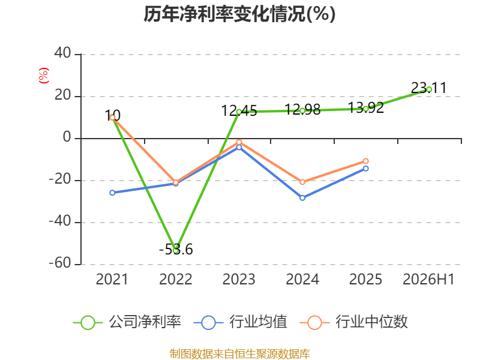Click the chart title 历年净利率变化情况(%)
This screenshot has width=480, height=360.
coord(239,14)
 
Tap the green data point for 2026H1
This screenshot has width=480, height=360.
coord(429,89)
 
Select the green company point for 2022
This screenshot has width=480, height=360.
coord(176,251)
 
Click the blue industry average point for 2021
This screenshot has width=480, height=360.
coord(112,193)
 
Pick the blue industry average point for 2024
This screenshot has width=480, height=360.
coord(302,198)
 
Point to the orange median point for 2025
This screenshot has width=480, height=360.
coord(366,161)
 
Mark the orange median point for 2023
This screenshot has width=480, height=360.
coord(239,142)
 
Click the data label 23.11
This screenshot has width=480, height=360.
coord(428,88)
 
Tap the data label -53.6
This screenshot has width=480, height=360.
coord(176,250)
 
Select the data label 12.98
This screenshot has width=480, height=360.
coord(302,109)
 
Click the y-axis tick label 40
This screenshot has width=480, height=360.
coord(63,53)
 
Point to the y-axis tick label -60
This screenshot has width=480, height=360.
coord(60,263)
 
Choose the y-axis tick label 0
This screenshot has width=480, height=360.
coord(67,137)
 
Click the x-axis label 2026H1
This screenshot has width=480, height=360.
coord(428,279)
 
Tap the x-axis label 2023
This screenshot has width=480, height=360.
coord(239,279)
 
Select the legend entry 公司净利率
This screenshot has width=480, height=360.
coord(127,322)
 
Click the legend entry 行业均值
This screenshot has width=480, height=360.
coord(241,322)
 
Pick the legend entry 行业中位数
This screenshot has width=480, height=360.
coord(354,322)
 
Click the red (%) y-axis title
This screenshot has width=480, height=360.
coord(44,76)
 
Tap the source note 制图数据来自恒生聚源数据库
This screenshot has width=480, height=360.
coord(240,353)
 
